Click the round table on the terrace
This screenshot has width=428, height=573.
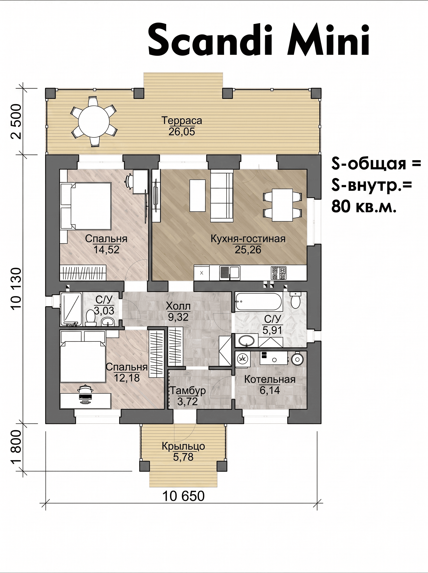tap(94, 122)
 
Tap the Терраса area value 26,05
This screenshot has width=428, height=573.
tap(181, 132)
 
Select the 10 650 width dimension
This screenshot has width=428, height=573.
tap(183, 496)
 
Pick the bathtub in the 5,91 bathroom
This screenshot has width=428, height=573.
tap(259, 301)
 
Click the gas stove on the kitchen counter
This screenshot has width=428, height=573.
tap(278, 273)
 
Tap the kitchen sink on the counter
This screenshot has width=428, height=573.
tap(230, 273)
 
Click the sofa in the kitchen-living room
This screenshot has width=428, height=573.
tap(222, 196)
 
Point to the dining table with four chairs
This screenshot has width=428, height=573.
tap(282, 205)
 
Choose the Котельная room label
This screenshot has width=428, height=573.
tap(270, 380)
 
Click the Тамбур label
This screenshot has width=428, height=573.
tap(187, 390)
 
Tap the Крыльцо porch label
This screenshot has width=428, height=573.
tap(183, 446)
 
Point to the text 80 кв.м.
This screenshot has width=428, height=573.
tap(364, 207)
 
